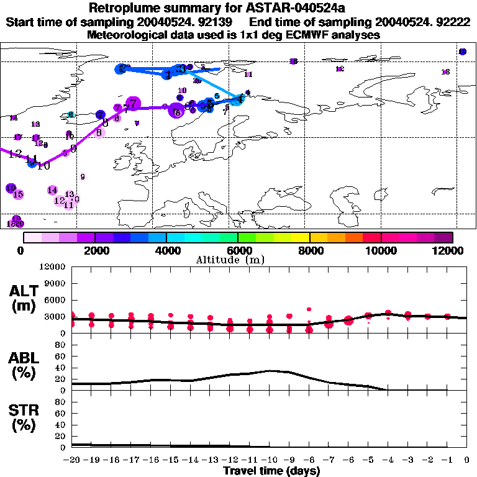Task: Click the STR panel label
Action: click(x=25, y=417)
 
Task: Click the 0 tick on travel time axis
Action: click(x=466, y=460)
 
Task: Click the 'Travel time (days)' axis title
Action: click(x=271, y=471)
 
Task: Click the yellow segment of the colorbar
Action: click(x=301, y=237)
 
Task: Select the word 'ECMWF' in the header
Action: click(x=307, y=35)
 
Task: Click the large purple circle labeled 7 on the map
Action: click(x=132, y=104)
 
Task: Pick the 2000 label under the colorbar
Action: click(x=95, y=250)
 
